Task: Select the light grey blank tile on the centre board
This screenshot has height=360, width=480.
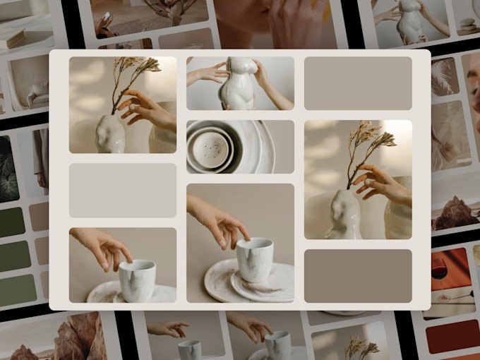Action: click(x=123, y=191)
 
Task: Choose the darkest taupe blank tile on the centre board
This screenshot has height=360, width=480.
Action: click(x=358, y=275)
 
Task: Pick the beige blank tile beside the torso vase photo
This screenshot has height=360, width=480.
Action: click(x=358, y=83)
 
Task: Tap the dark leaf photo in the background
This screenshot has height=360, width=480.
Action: click(x=8, y=169)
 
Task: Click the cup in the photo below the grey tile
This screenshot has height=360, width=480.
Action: click(x=137, y=278)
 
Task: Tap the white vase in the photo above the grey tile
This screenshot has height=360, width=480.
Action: click(x=112, y=134)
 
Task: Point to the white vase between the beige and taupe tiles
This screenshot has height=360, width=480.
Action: click(x=344, y=212)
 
